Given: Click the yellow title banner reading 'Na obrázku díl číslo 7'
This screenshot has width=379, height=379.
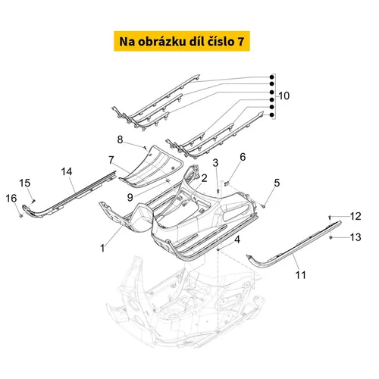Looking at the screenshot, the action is point(182,41).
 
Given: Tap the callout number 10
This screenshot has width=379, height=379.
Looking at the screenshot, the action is point(284,96).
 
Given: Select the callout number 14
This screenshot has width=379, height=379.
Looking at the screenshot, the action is point(67,172).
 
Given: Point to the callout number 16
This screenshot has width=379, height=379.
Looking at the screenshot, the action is point(11,199).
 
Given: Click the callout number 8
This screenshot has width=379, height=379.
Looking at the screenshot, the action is point(120,139).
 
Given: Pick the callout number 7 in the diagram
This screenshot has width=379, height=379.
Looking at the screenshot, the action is point(111,160).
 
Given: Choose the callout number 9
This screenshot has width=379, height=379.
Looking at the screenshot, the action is point(130,197).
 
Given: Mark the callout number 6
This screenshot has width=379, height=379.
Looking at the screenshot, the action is point(243,157).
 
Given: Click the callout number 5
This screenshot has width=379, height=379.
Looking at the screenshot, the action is point(277,183).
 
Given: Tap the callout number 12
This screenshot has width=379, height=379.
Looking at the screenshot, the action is point(356,216).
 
